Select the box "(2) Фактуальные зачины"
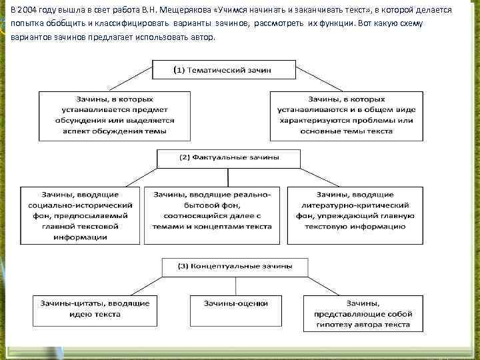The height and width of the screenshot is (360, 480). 229,158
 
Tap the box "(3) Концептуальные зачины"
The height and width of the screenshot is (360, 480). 235,266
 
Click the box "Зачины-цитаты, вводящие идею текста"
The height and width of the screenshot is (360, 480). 93,308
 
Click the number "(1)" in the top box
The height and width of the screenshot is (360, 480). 179,69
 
